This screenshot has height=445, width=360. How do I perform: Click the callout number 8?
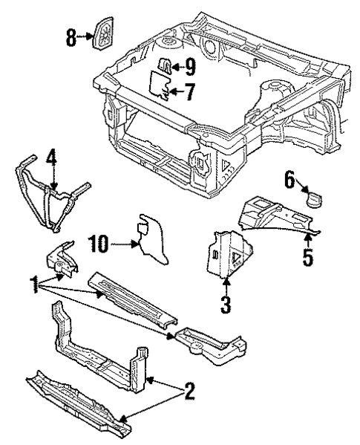click(71, 37)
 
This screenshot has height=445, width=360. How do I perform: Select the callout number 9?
click(190, 68)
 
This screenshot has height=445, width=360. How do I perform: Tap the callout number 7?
click(190, 93)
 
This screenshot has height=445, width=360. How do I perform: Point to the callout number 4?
click(50, 158)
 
